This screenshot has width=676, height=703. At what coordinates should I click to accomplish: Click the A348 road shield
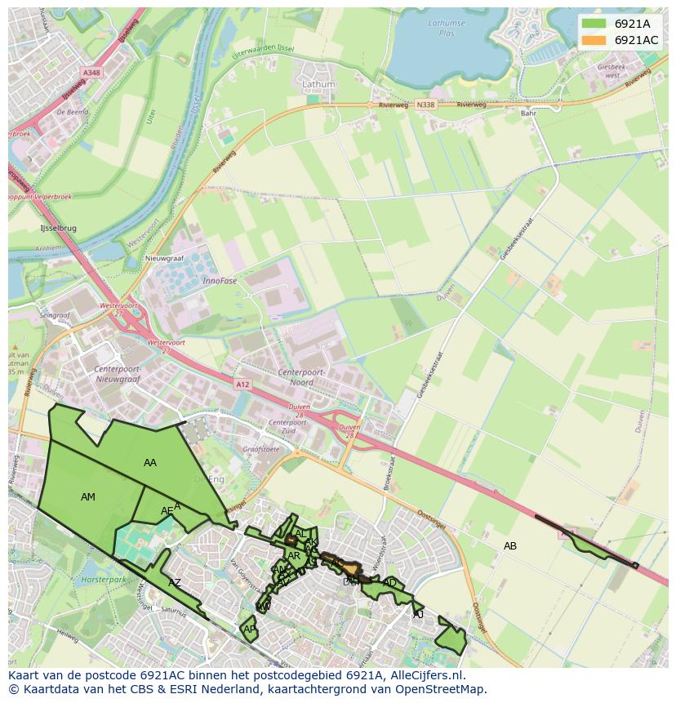click(x=91, y=73)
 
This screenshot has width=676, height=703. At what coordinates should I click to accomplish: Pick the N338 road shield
click(x=425, y=105)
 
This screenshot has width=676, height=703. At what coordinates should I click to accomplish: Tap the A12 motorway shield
click(x=242, y=384)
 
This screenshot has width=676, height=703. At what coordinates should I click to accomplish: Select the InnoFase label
click(x=220, y=280)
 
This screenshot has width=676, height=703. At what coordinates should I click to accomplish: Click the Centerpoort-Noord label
click(x=301, y=377)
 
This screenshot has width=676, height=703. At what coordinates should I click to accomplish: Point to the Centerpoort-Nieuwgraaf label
click(x=118, y=375)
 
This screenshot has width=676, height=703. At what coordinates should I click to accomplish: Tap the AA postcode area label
click(x=149, y=463)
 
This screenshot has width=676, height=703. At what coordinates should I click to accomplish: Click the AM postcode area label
click(x=88, y=497)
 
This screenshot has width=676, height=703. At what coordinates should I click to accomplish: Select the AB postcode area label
click(x=510, y=545)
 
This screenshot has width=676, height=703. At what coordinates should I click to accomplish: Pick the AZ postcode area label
click(x=175, y=583)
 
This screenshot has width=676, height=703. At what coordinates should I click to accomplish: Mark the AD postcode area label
click(x=389, y=583)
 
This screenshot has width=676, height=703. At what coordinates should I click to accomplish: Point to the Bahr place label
click(x=529, y=113)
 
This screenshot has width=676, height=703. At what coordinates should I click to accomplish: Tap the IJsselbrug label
click(x=58, y=229)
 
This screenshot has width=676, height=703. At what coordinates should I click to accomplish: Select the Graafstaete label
click(x=261, y=448)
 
